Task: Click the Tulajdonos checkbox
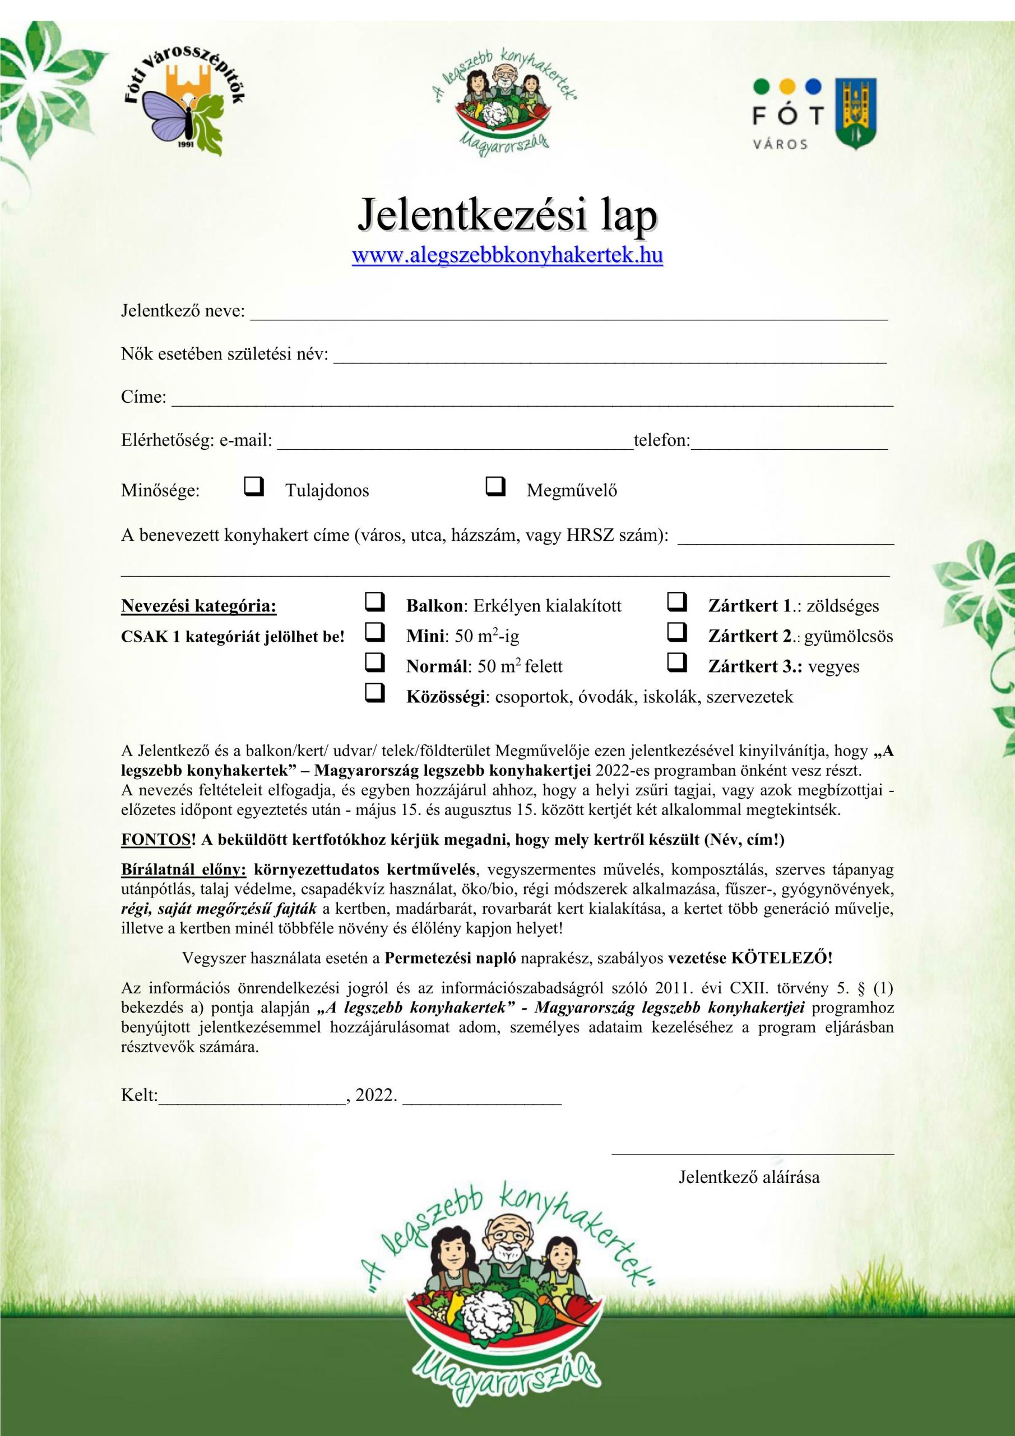[254, 486]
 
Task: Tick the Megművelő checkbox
[495, 486]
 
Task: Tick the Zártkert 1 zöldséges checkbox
[677, 603]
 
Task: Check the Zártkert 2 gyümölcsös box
[677, 633]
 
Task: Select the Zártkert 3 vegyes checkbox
[677, 662]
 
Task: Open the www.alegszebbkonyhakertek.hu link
[508, 256]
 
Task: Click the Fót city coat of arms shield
[856, 113]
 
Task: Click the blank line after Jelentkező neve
[568, 315]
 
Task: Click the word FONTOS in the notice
[155, 839]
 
